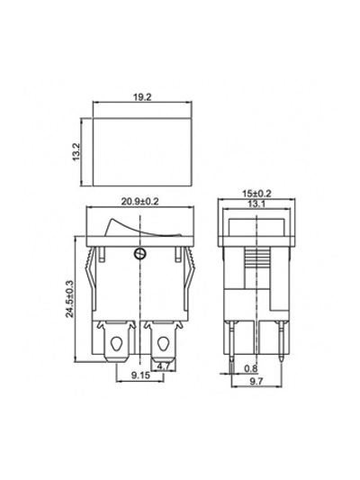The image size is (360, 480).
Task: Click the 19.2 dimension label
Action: pyautogui.click(x=142, y=97)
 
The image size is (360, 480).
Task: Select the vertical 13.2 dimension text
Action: pyautogui.click(x=76, y=151)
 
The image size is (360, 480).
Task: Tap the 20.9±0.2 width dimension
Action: pyautogui.click(x=140, y=202)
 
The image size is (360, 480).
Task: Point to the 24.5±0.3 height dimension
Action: pyautogui.click(x=70, y=298)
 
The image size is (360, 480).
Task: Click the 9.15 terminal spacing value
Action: pyautogui.click(x=141, y=375)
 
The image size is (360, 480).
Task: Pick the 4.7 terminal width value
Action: pyautogui.click(x=163, y=367)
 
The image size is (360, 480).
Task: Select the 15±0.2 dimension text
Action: pyautogui.click(x=256, y=194)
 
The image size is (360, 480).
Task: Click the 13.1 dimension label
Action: pyautogui.click(x=256, y=204)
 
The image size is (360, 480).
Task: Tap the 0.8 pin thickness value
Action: pyautogui.click(x=251, y=368)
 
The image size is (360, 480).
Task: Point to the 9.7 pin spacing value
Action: pyautogui.click(x=256, y=381)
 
